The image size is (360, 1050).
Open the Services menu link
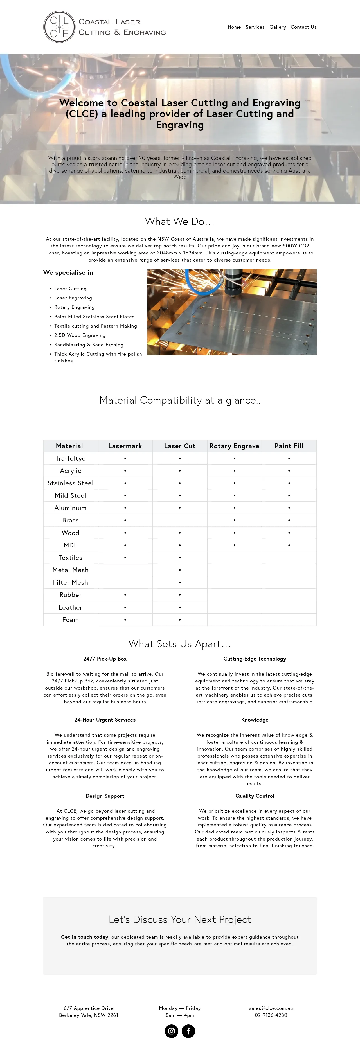click(x=255, y=27)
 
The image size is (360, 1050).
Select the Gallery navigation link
click(x=278, y=27)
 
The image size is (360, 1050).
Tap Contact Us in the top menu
click(x=303, y=27)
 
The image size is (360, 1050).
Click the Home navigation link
click(x=234, y=27)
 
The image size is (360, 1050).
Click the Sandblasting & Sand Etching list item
click(x=89, y=345)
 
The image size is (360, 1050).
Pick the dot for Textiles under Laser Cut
click(x=180, y=558)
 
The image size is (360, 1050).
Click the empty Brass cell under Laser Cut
click(x=180, y=520)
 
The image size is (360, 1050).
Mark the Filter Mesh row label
click(x=71, y=582)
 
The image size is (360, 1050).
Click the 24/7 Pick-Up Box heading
click(x=105, y=659)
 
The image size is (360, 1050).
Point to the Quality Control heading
click(x=255, y=796)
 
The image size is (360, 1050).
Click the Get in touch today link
click(x=85, y=937)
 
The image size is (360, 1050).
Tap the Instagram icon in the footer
click(x=172, y=1031)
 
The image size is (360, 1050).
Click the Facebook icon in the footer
click(x=188, y=1031)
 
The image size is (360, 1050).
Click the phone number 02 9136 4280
click(x=271, y=1015)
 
